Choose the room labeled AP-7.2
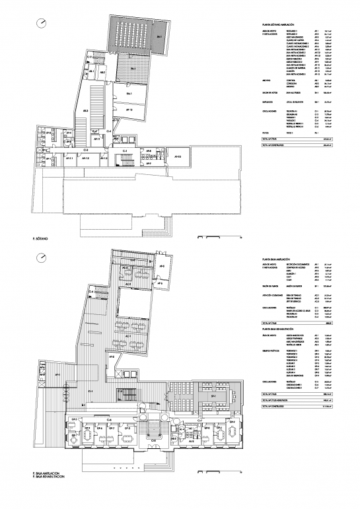tap(85, 158)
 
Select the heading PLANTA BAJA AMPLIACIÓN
tap(276, 259)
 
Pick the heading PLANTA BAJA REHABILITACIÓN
tap(280, 328)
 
